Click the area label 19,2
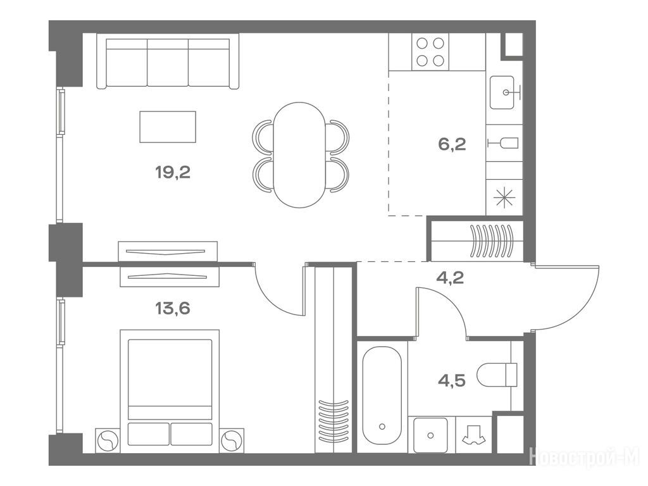[x=173, y=172]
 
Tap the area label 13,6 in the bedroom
[x=173, y=308]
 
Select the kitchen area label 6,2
[x=452, y=144]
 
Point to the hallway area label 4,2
[x=450, y=277]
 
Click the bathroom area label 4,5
[x=452, y=380]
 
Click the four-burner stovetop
[x=430, y=52]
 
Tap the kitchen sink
[x=502, y=92]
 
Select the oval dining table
[x=299, y=154]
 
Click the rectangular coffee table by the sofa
[x=168, y=127]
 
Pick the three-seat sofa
[x=168, y=61]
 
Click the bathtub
[x=382, y=396]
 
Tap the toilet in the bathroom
[x=497, y=375]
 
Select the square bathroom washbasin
[x=430, y=435]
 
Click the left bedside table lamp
[x=108, y=441]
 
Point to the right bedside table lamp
[x=232, y=441]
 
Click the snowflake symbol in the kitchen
[x=504, y=197]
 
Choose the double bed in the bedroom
[x=170, y=388]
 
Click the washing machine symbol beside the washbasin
[x=473, y=435]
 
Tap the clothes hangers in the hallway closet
[x=492, y=240]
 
